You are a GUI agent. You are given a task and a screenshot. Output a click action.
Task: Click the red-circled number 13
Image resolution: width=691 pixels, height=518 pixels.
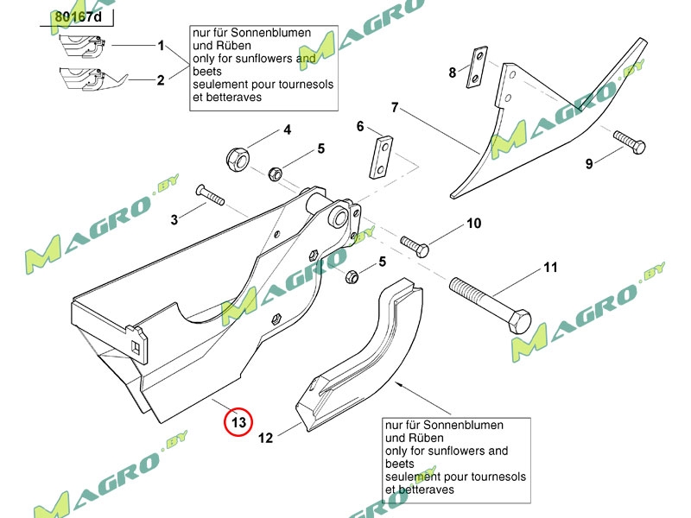point(238,422)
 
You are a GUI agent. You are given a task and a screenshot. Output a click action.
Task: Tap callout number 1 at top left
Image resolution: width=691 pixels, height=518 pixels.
point(160,44)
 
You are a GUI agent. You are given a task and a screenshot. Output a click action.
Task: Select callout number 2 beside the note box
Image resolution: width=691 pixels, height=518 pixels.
point(160,80)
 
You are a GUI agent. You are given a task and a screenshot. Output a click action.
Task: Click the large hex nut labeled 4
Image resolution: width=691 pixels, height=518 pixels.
point(237,157)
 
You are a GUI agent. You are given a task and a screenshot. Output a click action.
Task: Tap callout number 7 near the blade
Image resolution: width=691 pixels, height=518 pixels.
point(394,108)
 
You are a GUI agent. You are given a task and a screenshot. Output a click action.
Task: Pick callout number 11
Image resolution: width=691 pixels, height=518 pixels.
point(550,268)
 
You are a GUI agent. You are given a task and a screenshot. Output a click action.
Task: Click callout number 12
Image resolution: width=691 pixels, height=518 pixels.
point(266,439)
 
